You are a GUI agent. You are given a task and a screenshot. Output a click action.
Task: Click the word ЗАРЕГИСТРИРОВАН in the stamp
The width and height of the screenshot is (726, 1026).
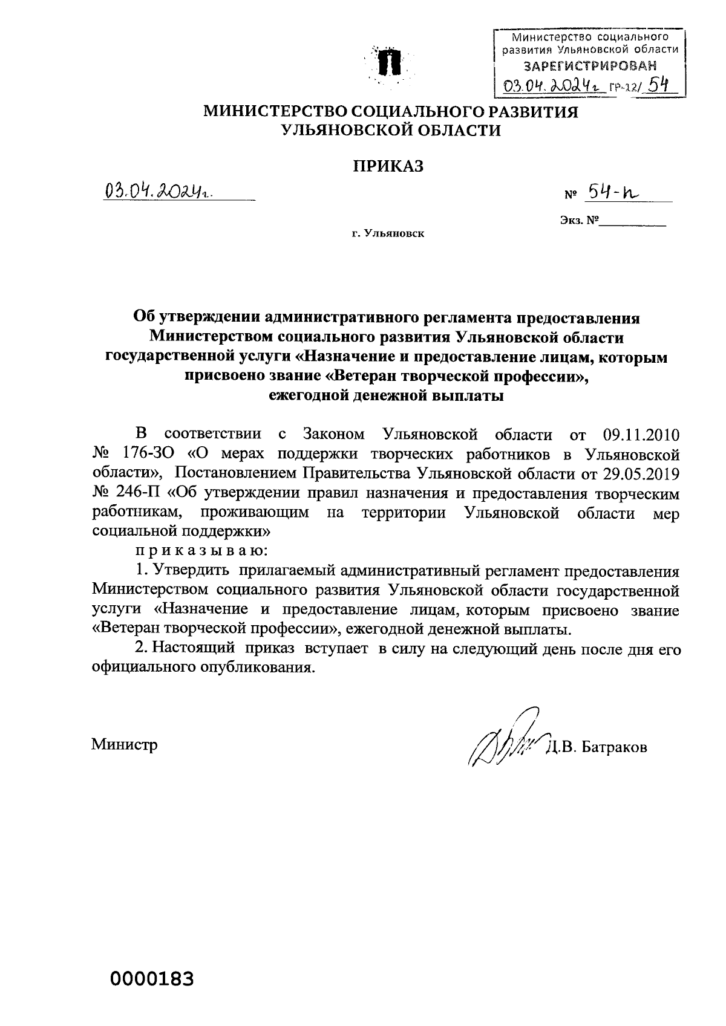589,65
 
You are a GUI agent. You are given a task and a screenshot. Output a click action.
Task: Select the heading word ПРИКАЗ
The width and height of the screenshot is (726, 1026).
388,166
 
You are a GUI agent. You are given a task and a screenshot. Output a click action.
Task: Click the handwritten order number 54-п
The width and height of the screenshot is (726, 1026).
613,193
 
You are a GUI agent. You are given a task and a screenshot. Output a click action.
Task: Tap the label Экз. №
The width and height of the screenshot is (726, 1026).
579,221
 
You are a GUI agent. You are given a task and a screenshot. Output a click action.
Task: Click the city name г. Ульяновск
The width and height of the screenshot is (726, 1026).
388,233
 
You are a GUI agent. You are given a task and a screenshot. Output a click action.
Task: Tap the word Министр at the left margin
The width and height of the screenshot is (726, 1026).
124,744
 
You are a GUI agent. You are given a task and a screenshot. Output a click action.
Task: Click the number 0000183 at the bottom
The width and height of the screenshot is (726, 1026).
151,978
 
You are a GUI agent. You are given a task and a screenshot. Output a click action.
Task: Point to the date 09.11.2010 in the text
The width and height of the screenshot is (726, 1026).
641,434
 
